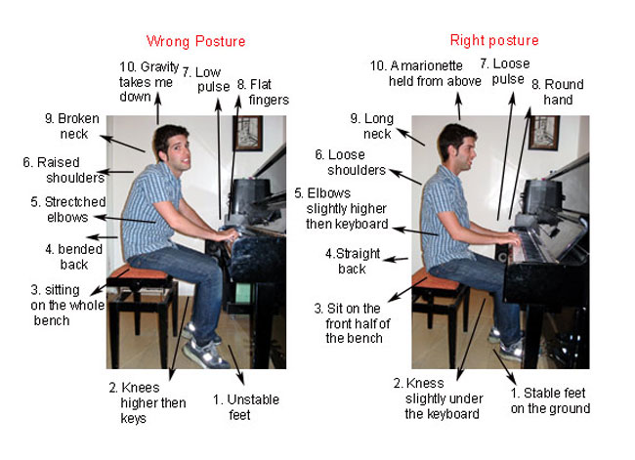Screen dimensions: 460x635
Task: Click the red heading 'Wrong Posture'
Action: coord(195,41)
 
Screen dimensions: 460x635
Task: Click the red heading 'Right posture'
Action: coord(493,40)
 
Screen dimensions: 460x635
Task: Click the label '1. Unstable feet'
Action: coord(245,407)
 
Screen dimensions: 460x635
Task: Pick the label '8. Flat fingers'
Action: coord(261,92)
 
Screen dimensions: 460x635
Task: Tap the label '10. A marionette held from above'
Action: coord(422,73)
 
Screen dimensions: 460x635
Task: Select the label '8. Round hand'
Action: coord(557,93)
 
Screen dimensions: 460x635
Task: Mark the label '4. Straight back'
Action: coord(347,261)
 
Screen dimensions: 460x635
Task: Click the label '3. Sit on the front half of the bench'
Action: coord(351,322)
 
